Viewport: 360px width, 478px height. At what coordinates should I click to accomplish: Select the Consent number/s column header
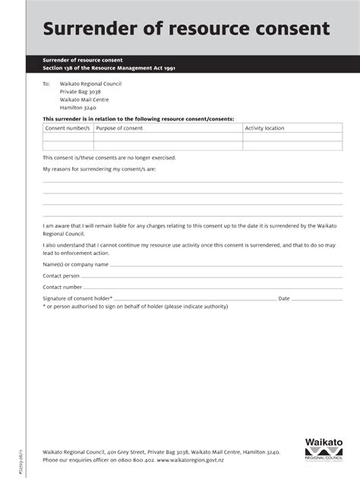[x=68, y=128]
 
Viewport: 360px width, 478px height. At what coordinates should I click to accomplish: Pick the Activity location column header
[x=264, y=128]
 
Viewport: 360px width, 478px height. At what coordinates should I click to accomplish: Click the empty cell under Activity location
[x=280, y=140]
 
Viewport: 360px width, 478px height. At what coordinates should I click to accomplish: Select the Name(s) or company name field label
[x=75, y=264]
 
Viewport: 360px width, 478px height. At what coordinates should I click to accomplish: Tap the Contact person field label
[x=62, y=275]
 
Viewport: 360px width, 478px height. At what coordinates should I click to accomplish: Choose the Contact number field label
[x=62, y=287]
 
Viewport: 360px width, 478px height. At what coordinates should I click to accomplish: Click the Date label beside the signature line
[x=285, y=298]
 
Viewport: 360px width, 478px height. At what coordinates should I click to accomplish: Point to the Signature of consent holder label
[x=77, y=298]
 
